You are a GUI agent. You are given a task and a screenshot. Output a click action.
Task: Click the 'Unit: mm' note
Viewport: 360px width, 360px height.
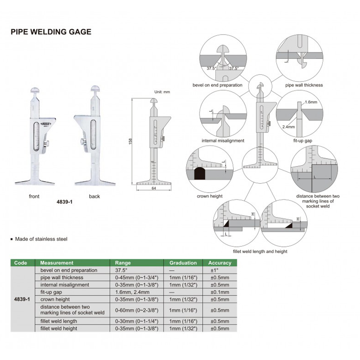coord(162,92)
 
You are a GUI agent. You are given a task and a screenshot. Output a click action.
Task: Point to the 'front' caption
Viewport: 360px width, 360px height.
coord(34,196)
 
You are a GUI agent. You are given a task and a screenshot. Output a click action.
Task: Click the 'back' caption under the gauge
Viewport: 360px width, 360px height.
coord(94,196)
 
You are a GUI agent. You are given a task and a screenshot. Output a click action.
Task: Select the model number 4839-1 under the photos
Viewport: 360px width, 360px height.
coord(64,203)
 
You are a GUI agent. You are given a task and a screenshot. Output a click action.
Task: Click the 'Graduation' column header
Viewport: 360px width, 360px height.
coord(183,263)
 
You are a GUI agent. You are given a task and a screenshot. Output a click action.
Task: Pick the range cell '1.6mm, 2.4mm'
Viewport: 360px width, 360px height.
coord(132,292)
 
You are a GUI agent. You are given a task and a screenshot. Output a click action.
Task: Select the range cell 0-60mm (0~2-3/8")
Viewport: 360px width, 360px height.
coord(137,310)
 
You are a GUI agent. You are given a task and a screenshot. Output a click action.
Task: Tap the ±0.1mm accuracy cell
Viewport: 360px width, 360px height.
coord(219,292)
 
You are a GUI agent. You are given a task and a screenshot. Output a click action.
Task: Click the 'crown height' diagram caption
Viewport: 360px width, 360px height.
coord(210,196)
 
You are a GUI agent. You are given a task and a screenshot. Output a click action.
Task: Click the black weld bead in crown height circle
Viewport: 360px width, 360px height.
coord(199,174)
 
